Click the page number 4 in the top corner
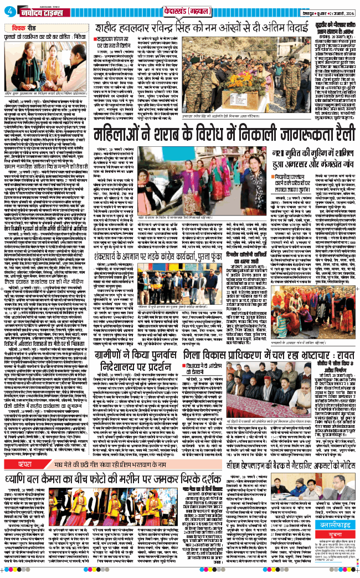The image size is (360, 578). [11, 12]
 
